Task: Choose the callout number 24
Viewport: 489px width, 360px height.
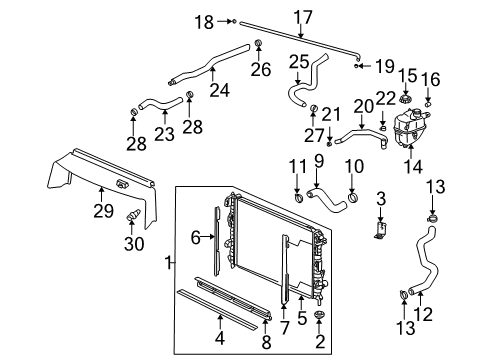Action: pyautogui.click(x=198, y=237)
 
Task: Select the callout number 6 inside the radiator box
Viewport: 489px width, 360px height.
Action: pyautogui.click(x=198, y=237)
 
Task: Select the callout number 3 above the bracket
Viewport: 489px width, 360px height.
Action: pyautogui.click(x=380, y=203)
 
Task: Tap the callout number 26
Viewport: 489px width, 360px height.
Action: pyautogui.click(x=260, y=69)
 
